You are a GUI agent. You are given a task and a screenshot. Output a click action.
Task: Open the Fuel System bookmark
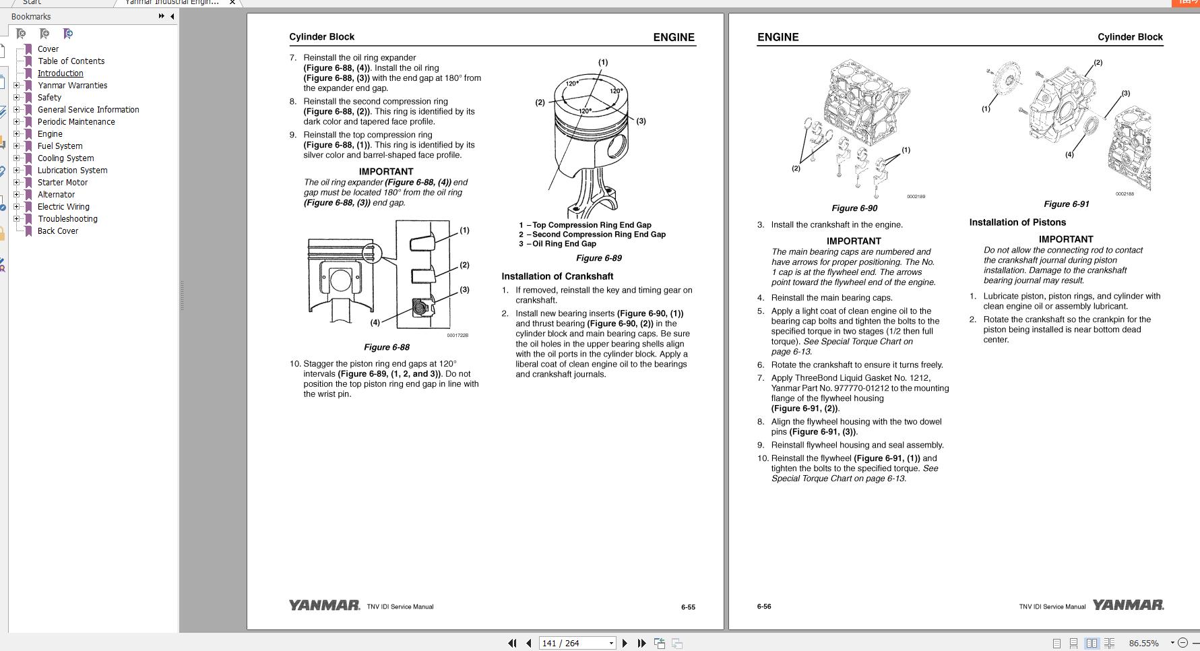click(x=60, y=146)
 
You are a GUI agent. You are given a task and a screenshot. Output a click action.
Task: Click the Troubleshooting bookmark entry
click(x=67, y=219)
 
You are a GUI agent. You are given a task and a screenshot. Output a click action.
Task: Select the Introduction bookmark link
click(x=60, y=73)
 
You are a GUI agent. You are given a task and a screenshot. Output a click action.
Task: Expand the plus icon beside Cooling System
click(x=17, y=158)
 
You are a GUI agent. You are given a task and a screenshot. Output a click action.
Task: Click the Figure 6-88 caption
click(x=386, y=347)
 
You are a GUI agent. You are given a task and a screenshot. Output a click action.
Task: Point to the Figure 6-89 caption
click(x=598, y=258)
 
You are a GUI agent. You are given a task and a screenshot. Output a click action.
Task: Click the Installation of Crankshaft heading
click(x=557, y=276)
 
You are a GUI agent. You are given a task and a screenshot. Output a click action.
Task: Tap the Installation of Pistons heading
click(x=1017, y=222)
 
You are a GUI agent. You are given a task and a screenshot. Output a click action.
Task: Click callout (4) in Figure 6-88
click(x=375, y=322)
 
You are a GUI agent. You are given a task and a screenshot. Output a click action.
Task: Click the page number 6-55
click(x=687, y=607)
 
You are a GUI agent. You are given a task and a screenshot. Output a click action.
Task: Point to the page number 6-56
click(x=763, y=607)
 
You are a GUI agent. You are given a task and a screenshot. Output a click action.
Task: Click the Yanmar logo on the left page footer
click(x=324, y=605)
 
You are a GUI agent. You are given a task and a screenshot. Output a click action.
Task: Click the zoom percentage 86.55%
click(x=1143, y=643)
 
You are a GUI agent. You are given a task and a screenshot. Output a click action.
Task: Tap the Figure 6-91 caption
click(x=1066, y=204)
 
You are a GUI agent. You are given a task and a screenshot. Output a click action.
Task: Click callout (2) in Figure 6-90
click(x=796, y=168)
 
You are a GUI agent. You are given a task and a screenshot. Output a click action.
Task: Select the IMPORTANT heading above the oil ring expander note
click(x=385, y=172)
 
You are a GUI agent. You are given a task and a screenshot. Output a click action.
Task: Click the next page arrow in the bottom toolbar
click(x=625, y=643)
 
